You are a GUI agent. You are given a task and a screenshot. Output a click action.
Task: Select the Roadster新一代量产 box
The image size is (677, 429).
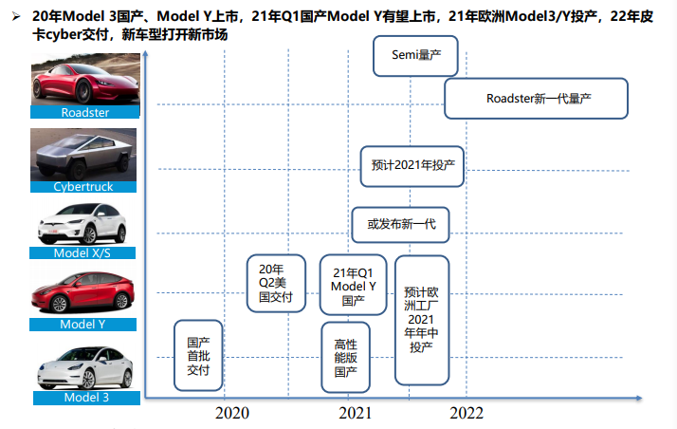coord(537,98)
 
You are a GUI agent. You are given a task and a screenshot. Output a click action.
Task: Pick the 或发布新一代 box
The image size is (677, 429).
coord(400,225)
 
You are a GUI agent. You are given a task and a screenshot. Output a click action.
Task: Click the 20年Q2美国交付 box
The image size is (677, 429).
coord(276,283)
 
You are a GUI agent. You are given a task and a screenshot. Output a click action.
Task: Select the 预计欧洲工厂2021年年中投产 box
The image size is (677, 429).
coord(421,319)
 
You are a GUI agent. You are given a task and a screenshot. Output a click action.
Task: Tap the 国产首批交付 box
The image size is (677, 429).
coord(198,356)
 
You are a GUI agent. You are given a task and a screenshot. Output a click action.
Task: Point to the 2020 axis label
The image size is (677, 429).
coord(232,413)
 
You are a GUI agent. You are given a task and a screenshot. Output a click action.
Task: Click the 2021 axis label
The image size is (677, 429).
coord(356,413)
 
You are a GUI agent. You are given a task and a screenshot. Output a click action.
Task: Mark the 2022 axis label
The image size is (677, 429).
coord(467,413)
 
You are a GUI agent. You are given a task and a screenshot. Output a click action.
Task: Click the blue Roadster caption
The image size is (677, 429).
coord(85,112)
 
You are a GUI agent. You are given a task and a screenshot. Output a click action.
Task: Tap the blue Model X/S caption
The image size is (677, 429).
coord(86,252)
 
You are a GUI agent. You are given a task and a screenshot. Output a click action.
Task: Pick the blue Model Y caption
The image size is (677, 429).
coord(86,324)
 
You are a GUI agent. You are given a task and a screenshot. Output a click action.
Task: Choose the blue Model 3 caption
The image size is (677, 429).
coord(86,397)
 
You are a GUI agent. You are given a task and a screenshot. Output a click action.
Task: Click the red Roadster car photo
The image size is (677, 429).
coord(84,79)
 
